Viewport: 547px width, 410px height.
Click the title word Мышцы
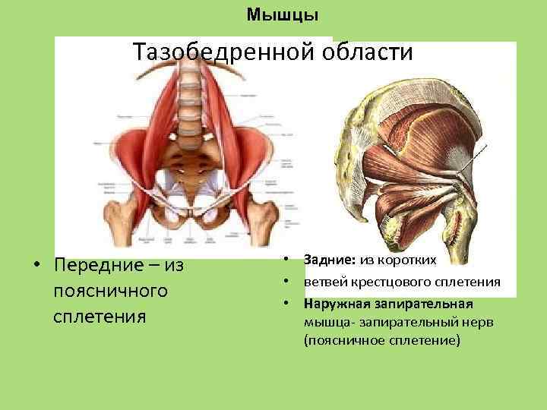[x=283, y=14]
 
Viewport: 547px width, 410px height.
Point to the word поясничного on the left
[x=111, y=291]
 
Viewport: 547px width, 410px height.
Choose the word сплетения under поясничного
[x=100, y=316]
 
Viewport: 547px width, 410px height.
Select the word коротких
[x=409, y=260]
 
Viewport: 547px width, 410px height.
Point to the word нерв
[x=479, y=323]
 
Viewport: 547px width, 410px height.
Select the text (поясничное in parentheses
[x=342, y=341]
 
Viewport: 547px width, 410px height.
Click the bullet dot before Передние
[x=36, y=266]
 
